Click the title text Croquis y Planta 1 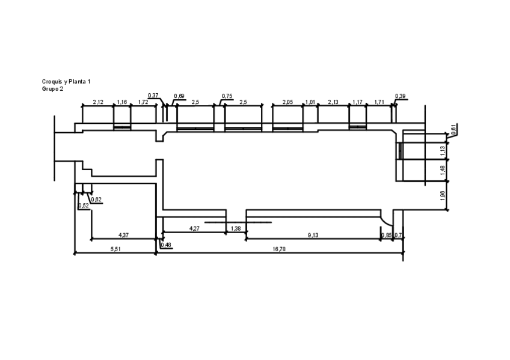coord(66,81)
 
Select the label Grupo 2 coord(52,88)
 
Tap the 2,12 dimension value coord(98,102)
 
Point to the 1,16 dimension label coord(122,102)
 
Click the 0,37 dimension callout coord(153,96)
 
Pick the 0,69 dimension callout coord(179,96)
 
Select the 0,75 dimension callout coord(227,96)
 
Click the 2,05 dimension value coord(287,102)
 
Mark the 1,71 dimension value coord(379,102)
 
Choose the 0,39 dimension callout coord(400,96)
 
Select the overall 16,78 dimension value coord(279,248)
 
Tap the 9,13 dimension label coord(313,235)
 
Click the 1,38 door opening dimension coord(236,228)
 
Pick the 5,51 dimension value coord(115,248)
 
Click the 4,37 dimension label coord(123,234)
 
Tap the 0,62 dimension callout coord(96,200)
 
